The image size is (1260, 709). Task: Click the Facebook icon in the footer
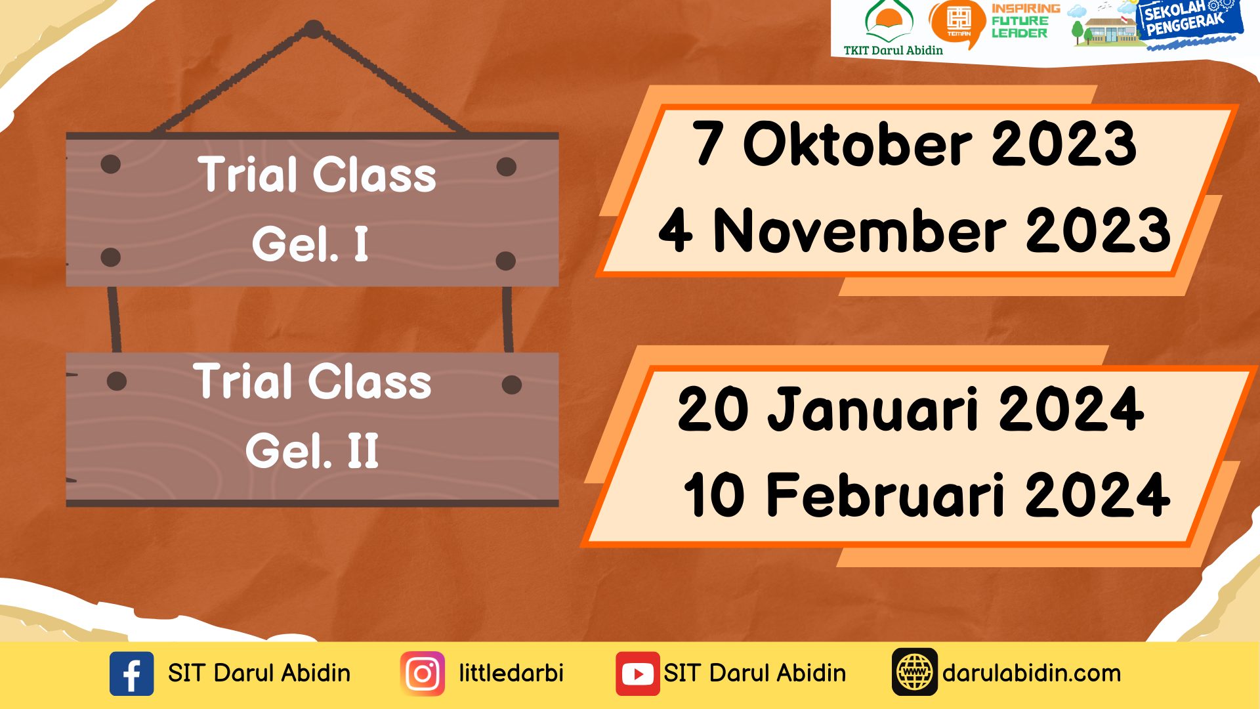(131, 674)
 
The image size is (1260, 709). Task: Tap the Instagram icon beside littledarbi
(423, 674)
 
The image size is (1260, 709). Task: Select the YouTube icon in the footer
(637, 674)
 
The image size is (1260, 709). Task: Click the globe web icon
(914, 672)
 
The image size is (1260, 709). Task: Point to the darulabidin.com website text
(1032, 673)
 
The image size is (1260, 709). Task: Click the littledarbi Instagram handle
(511, 673)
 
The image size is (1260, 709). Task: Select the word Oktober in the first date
(858, 143)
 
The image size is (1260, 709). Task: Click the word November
(860, 230)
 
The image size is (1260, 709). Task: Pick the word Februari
(886, 494)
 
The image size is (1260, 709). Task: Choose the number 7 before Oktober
(707, 143)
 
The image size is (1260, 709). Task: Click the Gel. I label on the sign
(310, 244)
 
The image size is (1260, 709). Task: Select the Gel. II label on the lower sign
(312, 450)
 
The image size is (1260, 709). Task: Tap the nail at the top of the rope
(314, 29)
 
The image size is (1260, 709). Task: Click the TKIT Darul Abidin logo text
(893, 50)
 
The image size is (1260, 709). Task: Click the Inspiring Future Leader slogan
(1025, 20)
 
